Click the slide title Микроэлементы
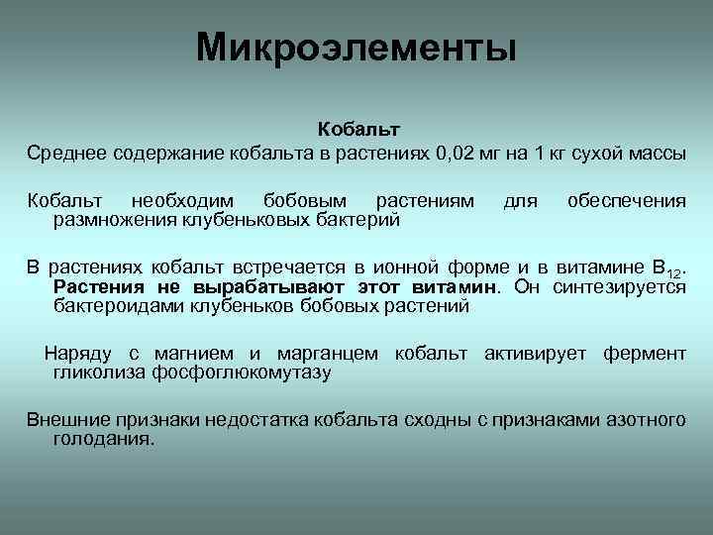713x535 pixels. point(356,48)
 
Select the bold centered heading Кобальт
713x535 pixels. point(357,130)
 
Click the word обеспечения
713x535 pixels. point(626,201)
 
